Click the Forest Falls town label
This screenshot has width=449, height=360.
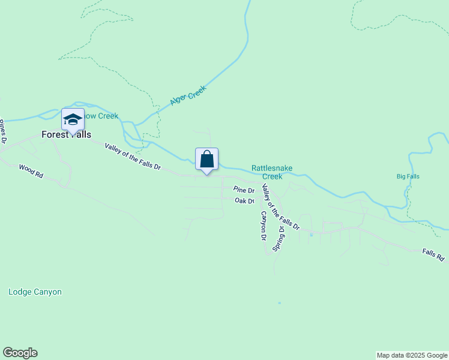(x=66, y=135)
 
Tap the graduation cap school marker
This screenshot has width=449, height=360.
(x=73, y=119)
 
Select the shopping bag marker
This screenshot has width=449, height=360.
(x=206, y=160)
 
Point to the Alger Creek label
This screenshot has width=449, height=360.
(x=188, y=95)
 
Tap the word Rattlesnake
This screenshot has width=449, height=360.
(x=272, y=169)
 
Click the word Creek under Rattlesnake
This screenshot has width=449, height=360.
(x=273, y=176)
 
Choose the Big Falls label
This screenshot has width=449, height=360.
(x=408, y=176)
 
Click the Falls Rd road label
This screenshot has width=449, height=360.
(x=432, y=255)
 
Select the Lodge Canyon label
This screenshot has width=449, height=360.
(x=35, y=292)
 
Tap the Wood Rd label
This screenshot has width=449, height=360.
(x=31, y=171)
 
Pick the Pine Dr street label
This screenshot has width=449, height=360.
(x=244, y=190)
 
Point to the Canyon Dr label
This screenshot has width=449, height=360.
(x=262, y=226)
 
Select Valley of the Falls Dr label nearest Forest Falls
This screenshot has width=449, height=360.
(x=133, y=157)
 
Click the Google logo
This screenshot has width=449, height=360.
(x=20, y=353)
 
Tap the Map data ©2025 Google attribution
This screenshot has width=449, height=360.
(x=412, y=355)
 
